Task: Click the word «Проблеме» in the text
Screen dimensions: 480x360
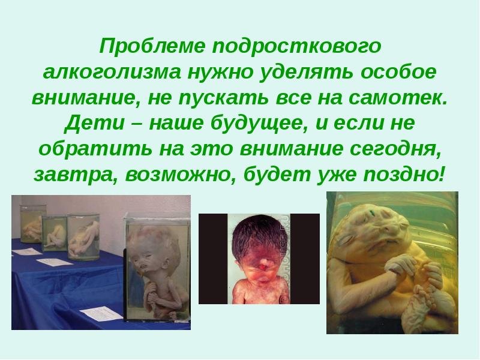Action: [x=152, y=46]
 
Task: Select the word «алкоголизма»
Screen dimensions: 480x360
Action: [x=112, y=73]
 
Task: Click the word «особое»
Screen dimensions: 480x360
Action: [x=398, y=72]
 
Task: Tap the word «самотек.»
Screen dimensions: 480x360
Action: [x=398, y=98]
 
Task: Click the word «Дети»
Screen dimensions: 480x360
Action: [x=94, y=123]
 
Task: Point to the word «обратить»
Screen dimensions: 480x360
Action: [x=95, y=149]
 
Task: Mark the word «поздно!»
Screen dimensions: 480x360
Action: [x=403, y=175]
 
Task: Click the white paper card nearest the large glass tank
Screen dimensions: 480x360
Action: [x=101, y=313]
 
